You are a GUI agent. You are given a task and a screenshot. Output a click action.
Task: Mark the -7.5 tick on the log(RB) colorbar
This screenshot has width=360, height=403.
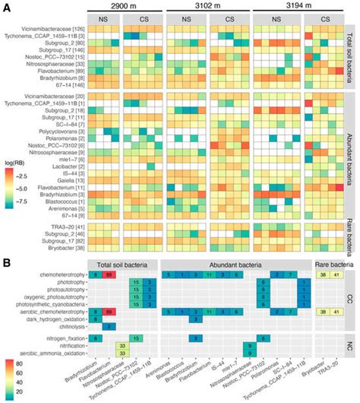[x=25, y=203]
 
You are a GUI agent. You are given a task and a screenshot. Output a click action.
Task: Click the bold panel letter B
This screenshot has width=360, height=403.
[x=6, y=261]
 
